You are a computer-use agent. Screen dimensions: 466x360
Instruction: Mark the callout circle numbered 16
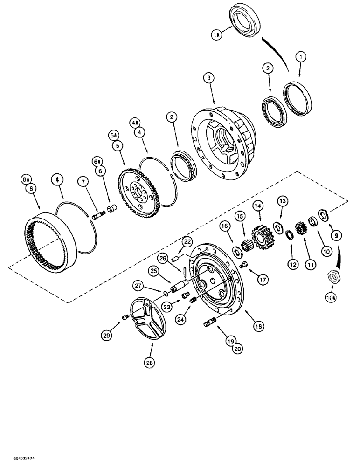coord(225,226)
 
